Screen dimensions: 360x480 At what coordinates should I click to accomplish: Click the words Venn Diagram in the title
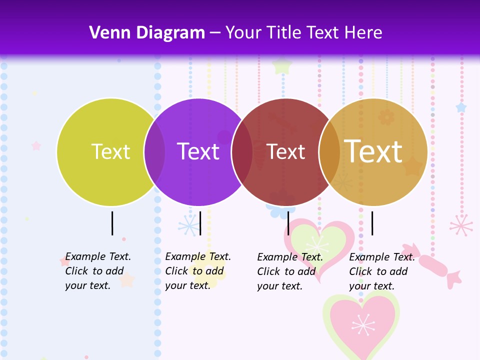(x=147, y=33)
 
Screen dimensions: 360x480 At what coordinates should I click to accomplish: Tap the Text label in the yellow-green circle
(x=110, y=151)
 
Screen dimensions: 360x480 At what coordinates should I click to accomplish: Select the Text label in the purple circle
(x=198, y=151)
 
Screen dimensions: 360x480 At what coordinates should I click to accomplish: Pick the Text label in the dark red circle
(x=286, y=152)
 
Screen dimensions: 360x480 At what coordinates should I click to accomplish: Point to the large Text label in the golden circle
(x=373, y=151)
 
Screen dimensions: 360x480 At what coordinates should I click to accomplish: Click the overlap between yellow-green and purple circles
(x=154, y=152)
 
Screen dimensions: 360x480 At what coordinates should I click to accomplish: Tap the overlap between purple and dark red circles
(x=242, y=152)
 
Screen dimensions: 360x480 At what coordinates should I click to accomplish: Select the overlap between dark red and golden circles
(x=329, y=152)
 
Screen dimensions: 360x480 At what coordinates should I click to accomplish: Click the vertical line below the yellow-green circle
(x=112, y=223)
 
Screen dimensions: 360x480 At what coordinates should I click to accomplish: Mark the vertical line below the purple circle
(x=200, y=223)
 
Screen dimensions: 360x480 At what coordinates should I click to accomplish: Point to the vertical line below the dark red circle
(x=288, y=223)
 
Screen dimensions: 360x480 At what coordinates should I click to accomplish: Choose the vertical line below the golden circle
(x=372, y=223)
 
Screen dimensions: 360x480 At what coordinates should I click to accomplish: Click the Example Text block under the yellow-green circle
(x=98, y=271)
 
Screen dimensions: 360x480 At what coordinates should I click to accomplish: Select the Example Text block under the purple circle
(x=198, y=271)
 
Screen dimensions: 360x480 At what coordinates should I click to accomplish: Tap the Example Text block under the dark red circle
(x=290, y=271)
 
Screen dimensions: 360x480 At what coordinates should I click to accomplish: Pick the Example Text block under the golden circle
(x=382, y=271)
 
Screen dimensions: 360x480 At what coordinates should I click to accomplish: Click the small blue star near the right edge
(x=460, y=107)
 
